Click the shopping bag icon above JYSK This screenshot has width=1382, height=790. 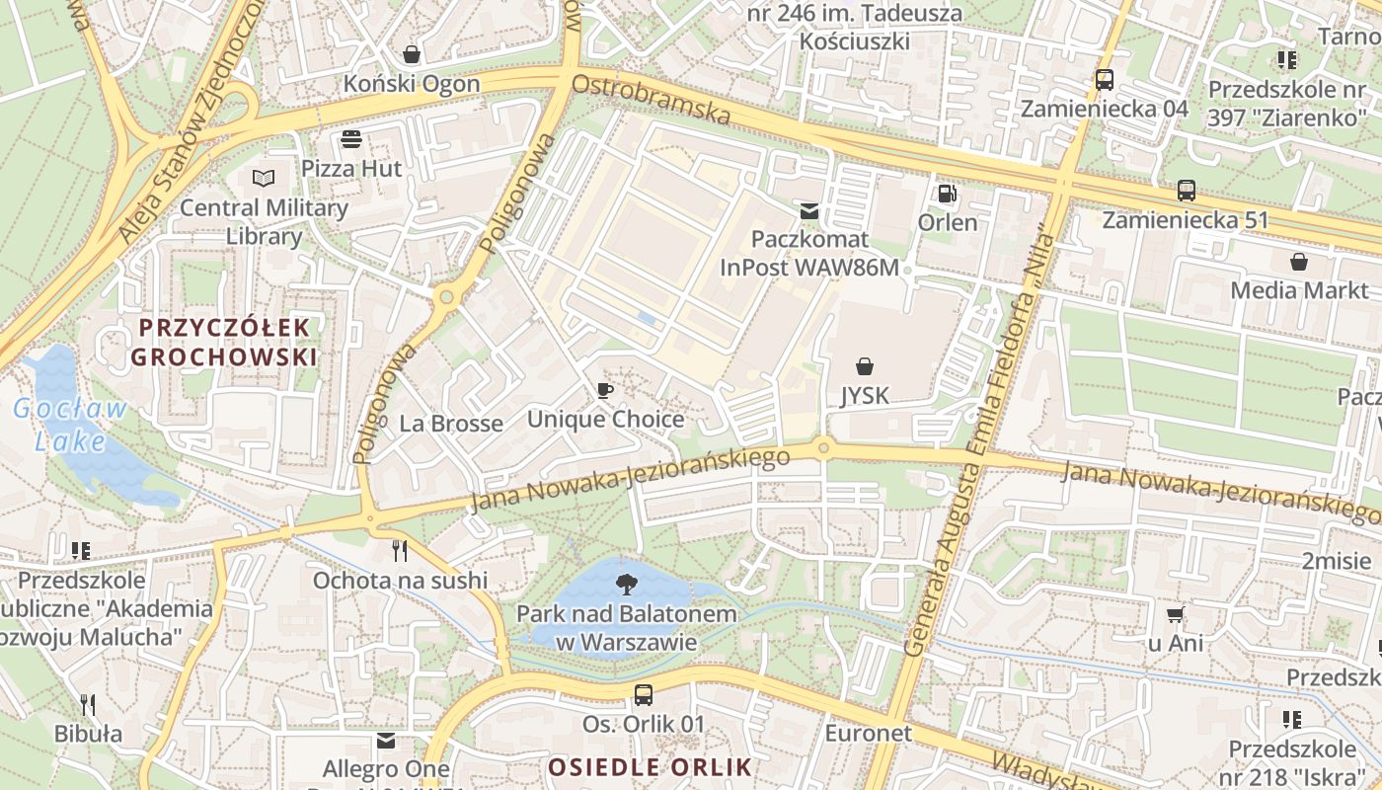865,366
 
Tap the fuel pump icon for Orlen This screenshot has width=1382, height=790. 947,193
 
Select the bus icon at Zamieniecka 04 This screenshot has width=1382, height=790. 1105,80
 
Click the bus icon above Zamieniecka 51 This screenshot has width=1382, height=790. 1187,191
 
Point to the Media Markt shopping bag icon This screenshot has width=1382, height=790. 1299,262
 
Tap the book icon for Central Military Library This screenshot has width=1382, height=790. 263,179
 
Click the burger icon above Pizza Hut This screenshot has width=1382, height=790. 351,139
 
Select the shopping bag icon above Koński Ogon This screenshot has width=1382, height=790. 412,54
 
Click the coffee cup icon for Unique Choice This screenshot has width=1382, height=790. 605,390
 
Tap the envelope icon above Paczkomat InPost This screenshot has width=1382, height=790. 809,210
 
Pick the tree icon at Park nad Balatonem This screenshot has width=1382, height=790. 626,584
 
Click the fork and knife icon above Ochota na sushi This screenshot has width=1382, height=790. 400,551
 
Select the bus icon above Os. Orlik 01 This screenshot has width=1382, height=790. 644,695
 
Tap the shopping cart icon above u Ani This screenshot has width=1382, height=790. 1175,614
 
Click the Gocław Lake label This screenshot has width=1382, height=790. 71,424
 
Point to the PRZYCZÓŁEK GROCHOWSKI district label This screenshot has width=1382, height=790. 225,342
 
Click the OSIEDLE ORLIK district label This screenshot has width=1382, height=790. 650,766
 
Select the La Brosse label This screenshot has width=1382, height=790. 451,424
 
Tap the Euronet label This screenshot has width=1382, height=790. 869,733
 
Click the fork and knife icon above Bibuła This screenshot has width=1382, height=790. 88,704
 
